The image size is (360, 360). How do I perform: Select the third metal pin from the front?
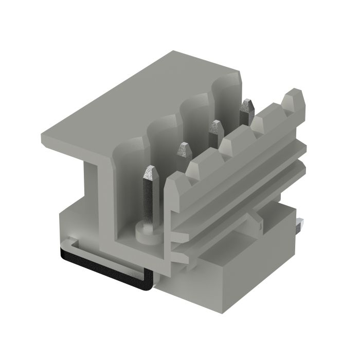coord(215,129)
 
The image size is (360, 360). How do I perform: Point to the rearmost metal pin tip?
coord(247,106)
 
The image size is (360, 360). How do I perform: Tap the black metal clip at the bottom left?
coord(103,267)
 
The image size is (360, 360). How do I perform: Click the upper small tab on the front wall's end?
coord(177,238)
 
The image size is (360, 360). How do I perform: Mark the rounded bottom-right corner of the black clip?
coord(148,285)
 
